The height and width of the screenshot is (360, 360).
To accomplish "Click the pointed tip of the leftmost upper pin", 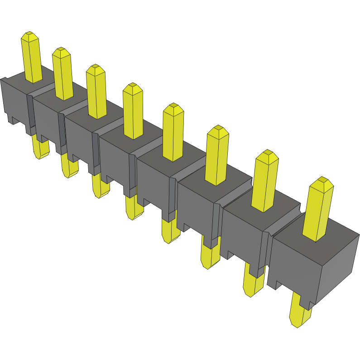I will [x=30, y=35].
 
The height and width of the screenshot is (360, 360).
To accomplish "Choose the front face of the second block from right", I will [x=242, y=235].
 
